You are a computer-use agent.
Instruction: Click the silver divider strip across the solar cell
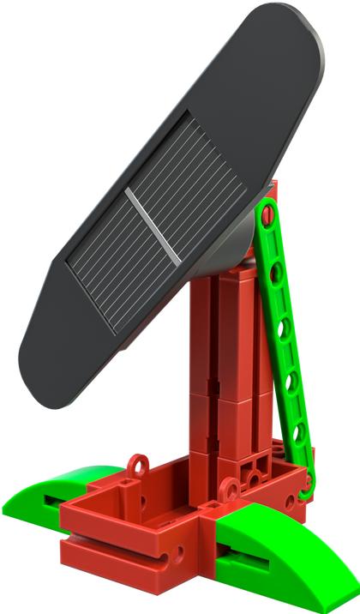[x=154, y=225]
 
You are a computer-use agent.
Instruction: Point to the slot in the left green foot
[x=51, y=504]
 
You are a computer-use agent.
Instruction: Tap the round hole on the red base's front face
[x=180, y=553]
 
